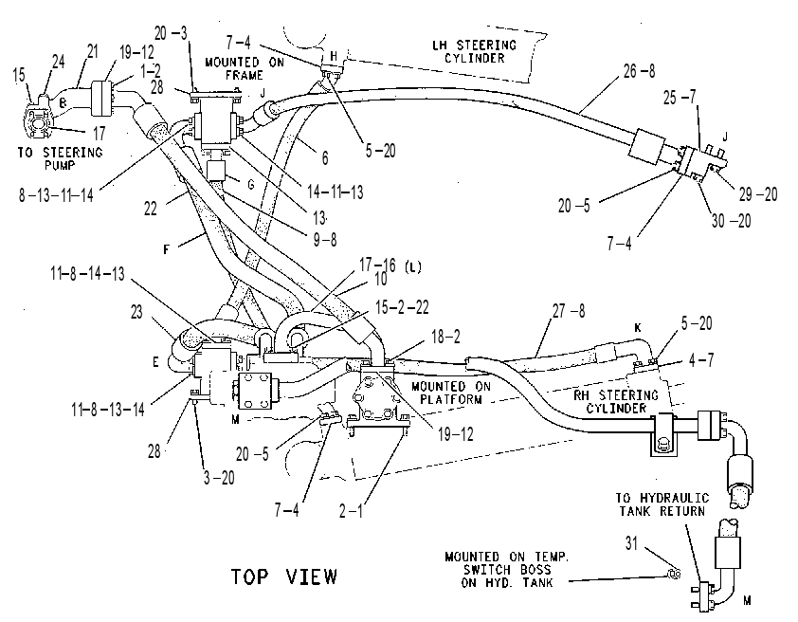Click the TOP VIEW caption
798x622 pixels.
(x=284, y=576)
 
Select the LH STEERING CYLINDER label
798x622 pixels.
(x=474, y=52)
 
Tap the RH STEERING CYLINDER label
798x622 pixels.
(x=616, y=402)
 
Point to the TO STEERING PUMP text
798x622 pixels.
(x=60, y=158)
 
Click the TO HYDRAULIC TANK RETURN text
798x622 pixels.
(x=662, y=504)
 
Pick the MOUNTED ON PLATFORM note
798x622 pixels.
(x=451, y=393)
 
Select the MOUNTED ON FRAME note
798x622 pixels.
(x=245, y=68)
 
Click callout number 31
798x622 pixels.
(x=631, y=543)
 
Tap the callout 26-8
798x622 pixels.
(x=639, y=71)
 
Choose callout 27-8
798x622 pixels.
(x=569, y=310)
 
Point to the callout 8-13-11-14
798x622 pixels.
(x=56, y=195)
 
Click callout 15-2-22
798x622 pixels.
(x=402, y=307)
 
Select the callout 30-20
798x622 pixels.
(x=731, y=221)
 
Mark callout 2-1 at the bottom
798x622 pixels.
(x=352, y=510)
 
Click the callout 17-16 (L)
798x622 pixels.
(x=390, y=265)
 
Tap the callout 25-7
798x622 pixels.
(x=679, y=98)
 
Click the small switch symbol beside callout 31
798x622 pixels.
(x=675, y=574)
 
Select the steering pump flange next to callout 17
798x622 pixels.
(x=36, y=121)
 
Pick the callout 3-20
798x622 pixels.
(x=219, y=478)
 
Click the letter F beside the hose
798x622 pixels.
(x=166, y=250)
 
